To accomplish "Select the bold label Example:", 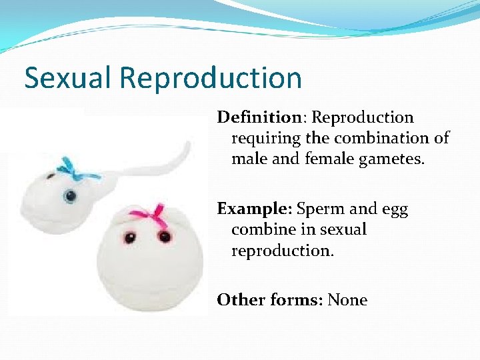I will pyautogui.click(x=254, y=209).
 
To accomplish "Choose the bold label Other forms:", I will pyautogui.click(x=269, y=300).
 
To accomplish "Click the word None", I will pyautogui.click(x=347, y=300).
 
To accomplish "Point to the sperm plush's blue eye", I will pyautogui.click(x=70, y=196).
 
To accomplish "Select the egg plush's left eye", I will pyautogui.click(x=127, y=236).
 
